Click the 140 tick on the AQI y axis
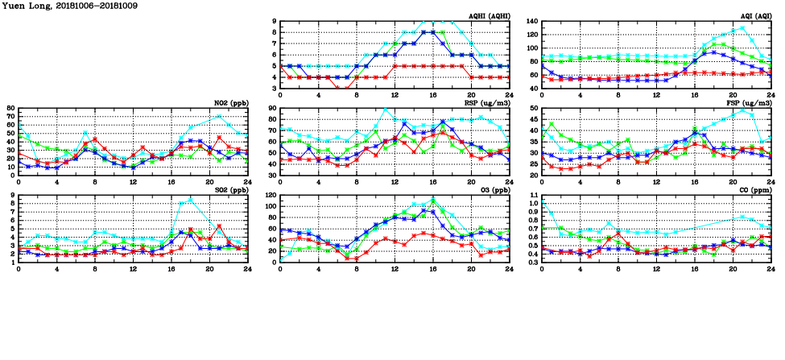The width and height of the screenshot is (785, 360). click(x=531, y=22)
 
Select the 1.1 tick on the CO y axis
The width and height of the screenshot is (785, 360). click(x=531, y=196)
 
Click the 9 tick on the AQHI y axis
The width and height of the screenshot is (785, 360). click(x=274, y=22)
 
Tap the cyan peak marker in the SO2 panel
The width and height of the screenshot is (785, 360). click(x=191, y=200)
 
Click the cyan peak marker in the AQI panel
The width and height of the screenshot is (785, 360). click(x=742, y=27)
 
